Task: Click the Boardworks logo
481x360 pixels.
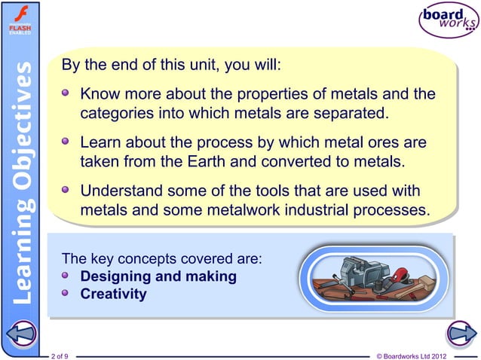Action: [447, 21]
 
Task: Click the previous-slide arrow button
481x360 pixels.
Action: [20, 333]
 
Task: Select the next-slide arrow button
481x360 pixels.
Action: [459, 333]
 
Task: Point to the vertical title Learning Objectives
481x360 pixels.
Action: [21, 181]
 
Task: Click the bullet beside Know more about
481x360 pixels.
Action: [67, 96]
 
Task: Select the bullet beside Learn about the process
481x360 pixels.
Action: [67, 142]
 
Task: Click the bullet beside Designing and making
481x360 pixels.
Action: [67, 276]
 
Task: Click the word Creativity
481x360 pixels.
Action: [113, 294]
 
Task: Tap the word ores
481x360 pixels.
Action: [383, 142]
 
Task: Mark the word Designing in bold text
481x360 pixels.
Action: [115, 276]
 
